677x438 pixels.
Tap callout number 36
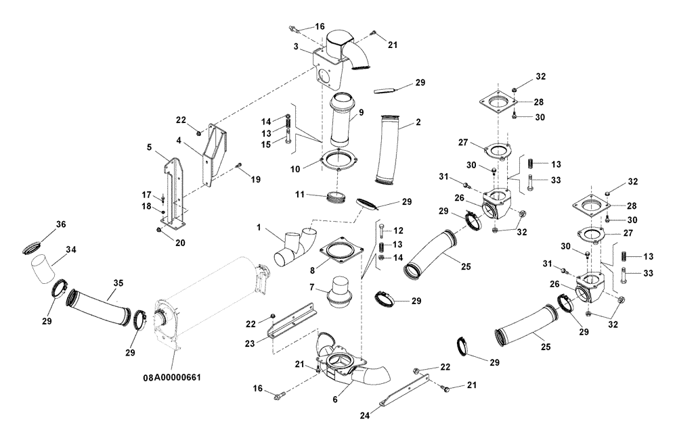click(60, 224)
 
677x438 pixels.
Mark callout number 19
click(255, 179)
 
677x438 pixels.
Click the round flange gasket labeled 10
click(338, 162)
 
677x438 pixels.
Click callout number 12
click(398, 231)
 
